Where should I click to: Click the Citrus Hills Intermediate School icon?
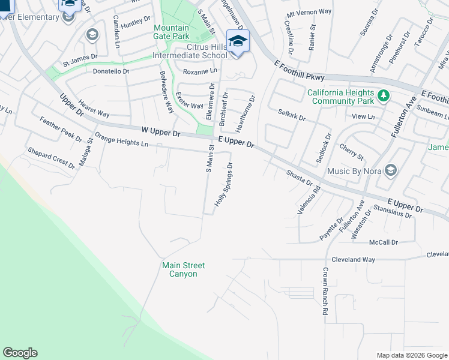(238, 41)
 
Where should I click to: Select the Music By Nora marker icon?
(391, 171)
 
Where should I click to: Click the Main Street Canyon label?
(183, 269)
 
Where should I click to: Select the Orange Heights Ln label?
(121, 140)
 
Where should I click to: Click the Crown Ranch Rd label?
(325, 291)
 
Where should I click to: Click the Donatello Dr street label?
(111, 71)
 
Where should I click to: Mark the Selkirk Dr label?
(292, 115)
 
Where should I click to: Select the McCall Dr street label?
(384, 242)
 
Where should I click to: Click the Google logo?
(20, 353)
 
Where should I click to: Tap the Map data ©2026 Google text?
(411, 355)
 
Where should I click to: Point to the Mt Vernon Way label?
(309, 13)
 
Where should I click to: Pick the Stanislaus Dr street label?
(393, 212)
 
